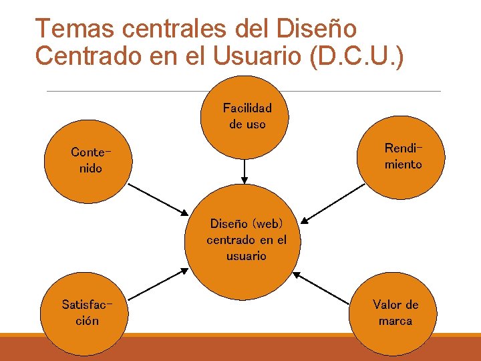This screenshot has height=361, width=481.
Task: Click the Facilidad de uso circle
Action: click(x=247, y=116)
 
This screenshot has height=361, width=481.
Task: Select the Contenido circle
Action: click(x=86, y=160)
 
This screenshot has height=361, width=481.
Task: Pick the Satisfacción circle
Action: click(x=86, y=313)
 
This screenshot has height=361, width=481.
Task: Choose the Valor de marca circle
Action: click(x=395, y=313)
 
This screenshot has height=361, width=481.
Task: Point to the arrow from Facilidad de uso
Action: click(x=245, y=170)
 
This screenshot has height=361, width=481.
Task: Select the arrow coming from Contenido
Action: click(x=158, y=199)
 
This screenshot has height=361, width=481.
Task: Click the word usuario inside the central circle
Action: click(x=246, y=256)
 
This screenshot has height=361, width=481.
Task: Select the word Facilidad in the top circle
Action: click(x=247, y=108)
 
